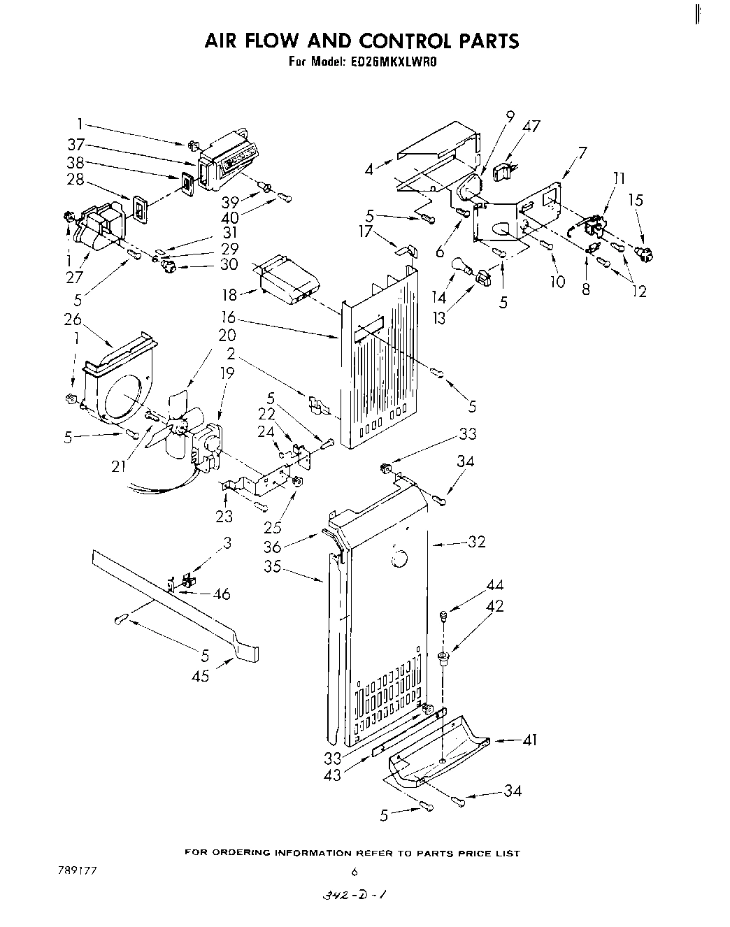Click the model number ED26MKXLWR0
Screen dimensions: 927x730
coord(396,62)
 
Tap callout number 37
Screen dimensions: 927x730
coord(76,145)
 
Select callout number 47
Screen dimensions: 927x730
coord(531,127)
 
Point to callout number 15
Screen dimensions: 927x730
coord(635,200)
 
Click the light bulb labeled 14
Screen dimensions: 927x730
coord(460,266)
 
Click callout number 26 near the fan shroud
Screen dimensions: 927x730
coord(73,319)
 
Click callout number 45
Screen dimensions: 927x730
coord(201,676)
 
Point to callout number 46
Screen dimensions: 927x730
coord(222,594)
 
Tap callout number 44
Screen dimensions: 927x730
coord(495,585)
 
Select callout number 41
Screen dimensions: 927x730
coord(530,739)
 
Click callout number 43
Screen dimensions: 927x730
coord(333,775)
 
